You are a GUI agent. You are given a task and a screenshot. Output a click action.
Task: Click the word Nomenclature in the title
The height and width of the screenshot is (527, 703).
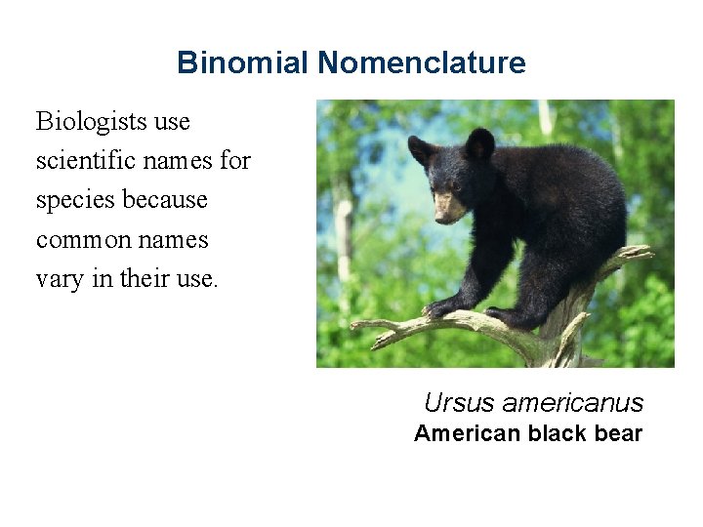coord(421,63)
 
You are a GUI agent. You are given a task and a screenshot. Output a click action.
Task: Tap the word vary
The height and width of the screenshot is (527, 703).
coord(58,279)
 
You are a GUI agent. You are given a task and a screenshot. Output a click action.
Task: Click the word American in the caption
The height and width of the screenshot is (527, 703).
coord(467,433)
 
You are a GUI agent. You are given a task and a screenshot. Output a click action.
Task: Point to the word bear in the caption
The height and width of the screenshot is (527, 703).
coord(618,433)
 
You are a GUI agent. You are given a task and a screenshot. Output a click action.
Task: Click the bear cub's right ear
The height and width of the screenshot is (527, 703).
coord(479,143)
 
